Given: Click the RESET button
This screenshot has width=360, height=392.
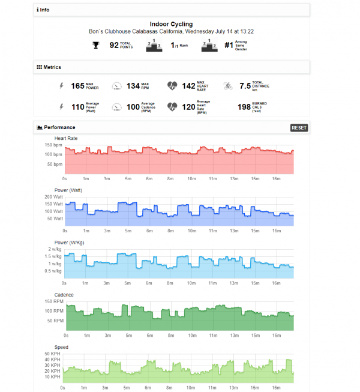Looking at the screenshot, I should pyautogui.click(x=299, y=128).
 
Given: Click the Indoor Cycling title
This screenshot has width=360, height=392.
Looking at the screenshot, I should pyautogui.click(x=171, y=25).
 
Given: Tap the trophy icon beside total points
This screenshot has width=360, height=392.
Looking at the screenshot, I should pyautogui.click(x=95, y=45).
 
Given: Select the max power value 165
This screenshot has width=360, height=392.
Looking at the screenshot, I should pyautogui.click(x=77, y=86).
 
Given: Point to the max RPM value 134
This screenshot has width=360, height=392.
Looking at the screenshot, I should pyautogui.click(x=133, y=86).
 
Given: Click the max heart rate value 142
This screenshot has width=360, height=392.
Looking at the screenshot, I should pyautogui.click(x=188, y=86).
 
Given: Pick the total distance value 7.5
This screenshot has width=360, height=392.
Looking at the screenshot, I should pyautogui.click(x=244, y=86).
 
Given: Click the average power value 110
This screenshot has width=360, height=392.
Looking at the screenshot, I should pyautogui.click(x=77, y=107).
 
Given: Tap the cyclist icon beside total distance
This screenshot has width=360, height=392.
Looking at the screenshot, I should pyautogui.click(x=227, y=86).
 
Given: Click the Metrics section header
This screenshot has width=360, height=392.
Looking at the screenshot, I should pyautogui.click(x=49, y=67).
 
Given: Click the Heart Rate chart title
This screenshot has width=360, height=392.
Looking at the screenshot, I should pyautogui.click(x=67, y=139).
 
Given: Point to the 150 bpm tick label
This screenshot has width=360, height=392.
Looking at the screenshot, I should pyautogui.click(x=53, y=145).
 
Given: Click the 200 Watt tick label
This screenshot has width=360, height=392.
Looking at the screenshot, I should pyautogui.click(x=53, y=197).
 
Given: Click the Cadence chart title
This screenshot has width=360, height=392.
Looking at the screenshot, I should pyautogui.click(x=65, y=295).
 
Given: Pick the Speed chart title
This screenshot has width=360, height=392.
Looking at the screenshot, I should pyautogui.click(x=61, y=347).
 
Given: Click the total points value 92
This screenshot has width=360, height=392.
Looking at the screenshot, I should pyautogui.click(x=113, y=45).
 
